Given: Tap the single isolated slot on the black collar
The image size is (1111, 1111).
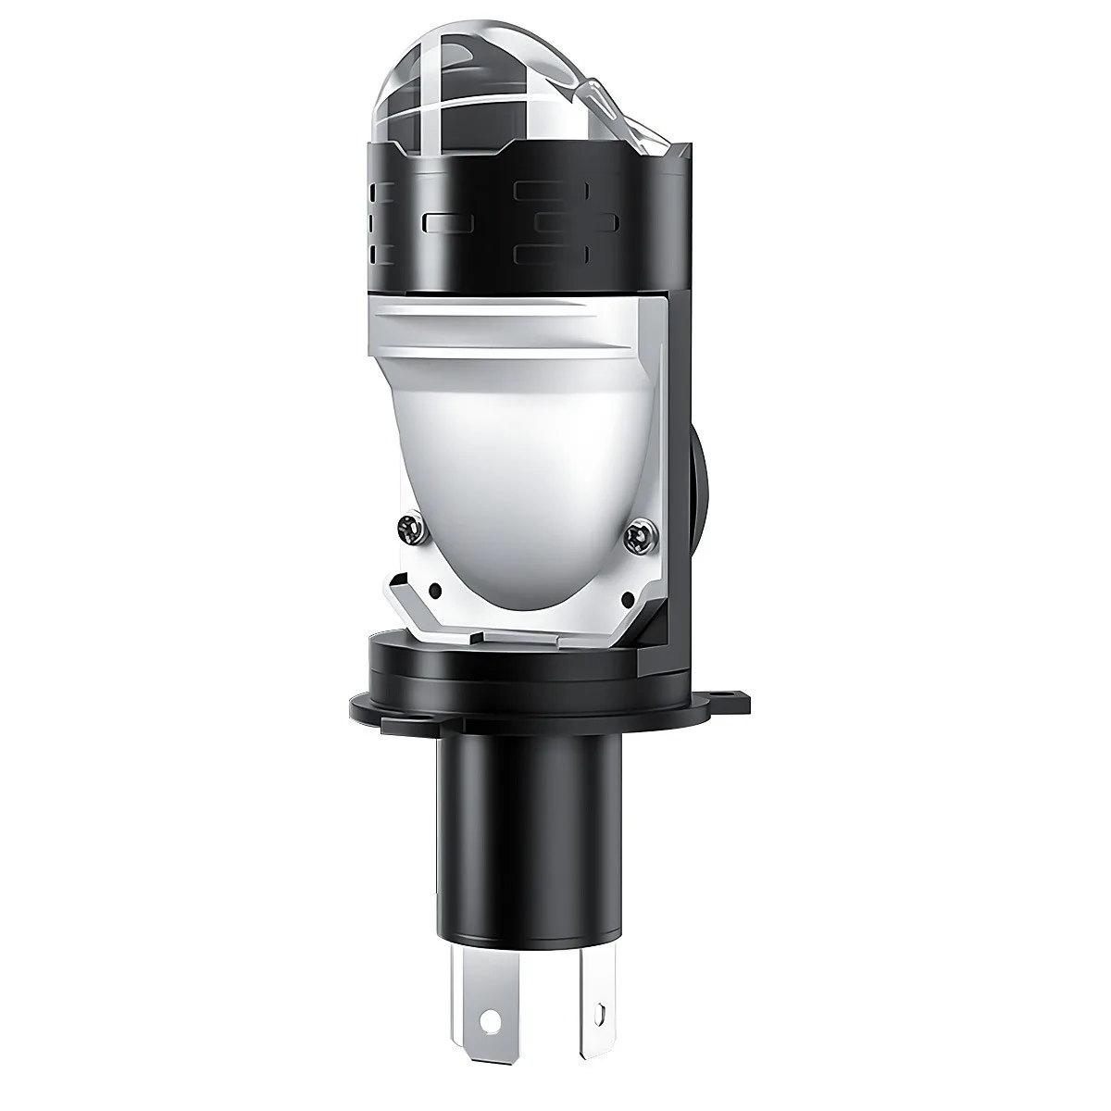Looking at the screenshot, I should [445, 222].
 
